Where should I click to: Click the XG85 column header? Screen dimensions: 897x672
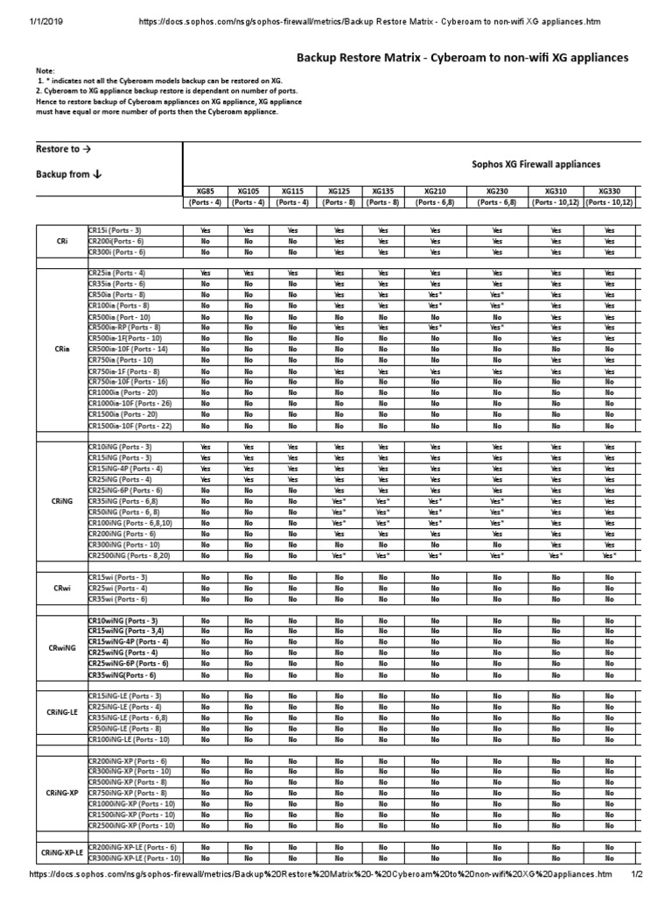point(206,190)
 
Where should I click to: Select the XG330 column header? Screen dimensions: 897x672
point(609,190)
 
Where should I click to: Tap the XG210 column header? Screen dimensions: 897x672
point(435,190)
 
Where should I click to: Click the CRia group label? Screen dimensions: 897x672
point(62,349)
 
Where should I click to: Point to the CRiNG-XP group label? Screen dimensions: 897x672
point(62,793)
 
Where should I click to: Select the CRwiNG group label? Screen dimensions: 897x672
point(62,647)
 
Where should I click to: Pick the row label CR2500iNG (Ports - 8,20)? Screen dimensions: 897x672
point(131,555)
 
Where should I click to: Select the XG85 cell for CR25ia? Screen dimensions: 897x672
point(206,273)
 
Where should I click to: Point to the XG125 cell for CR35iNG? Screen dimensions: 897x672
point(339,501)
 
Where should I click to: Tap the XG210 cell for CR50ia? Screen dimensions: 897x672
point(435,295)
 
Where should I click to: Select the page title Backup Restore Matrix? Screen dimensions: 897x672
point(463,58)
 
